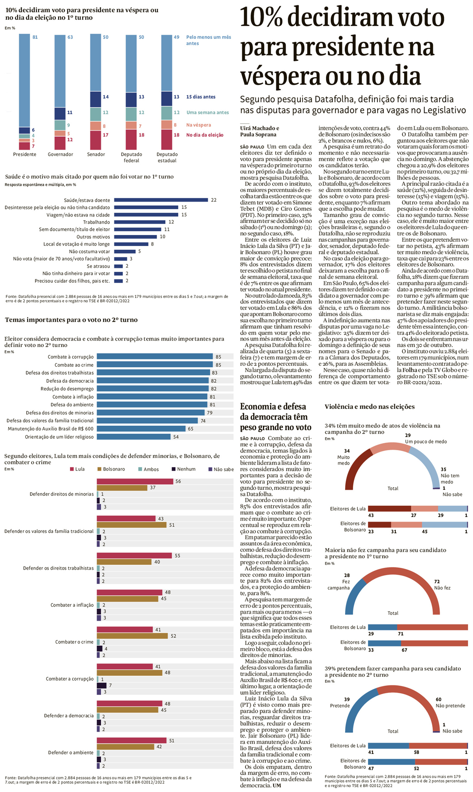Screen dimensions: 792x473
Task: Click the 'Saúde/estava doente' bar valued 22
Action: pyautogui.click(x=161, y=200)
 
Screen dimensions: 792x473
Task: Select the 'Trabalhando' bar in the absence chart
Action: pyautogui.click(x=140, y=222)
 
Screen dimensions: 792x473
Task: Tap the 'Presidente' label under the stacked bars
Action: pyautogui.click(x=24, y=154)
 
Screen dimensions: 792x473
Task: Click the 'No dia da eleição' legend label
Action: pyautogui.click(x=205, y=135)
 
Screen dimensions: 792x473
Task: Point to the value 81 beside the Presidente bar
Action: pyautogui.click(x=35, y=37)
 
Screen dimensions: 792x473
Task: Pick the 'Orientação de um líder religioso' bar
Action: pyautogui.click(x=133, y=437)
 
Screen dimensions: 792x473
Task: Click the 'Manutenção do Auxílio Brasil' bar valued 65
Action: pyautogui.click(x=141, y=429)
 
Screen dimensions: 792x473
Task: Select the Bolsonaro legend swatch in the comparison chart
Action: pyautogui.click(x=100, y=469)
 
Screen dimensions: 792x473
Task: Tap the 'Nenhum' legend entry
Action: pyautogui.click(x=186, y=469)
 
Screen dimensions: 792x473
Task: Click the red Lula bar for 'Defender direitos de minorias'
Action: pyautogui.click(x=135, y=481)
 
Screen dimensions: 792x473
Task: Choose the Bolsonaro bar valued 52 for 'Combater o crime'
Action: pyautogui.click(x=132, y=636)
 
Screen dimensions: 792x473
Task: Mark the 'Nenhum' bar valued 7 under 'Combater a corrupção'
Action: pyautogui.click(x=102, y=686)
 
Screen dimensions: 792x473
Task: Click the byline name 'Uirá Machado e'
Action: pyautogui.click(x=259, y=128)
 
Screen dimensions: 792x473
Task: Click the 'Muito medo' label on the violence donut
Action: pyautogui.click(x=343, y=460)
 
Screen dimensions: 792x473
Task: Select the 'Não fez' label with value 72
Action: pyautogui.click(x=442, y=588)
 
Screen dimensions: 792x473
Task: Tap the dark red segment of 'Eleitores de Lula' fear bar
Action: pyautogui.click(x=389, y=508)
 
